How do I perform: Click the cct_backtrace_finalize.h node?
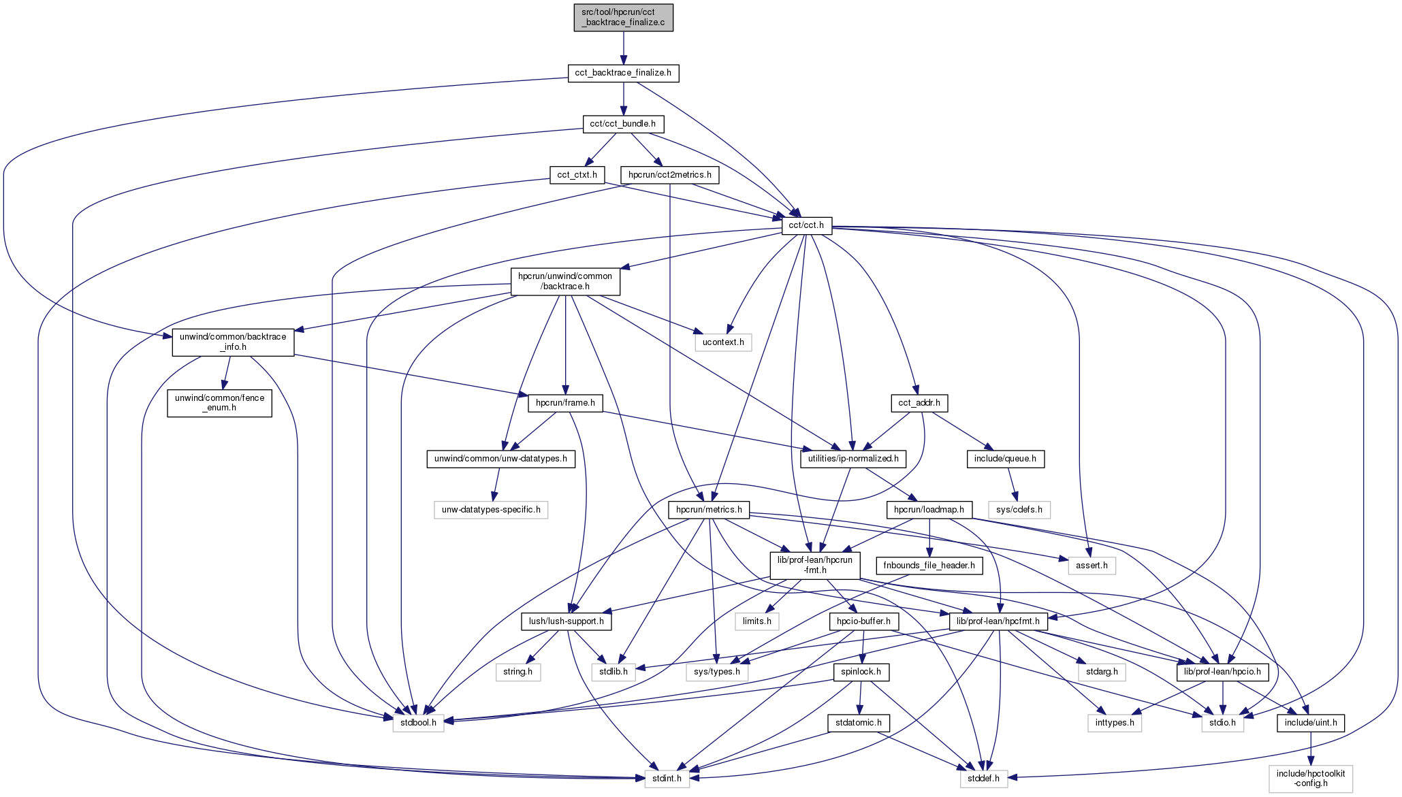click(623, 73)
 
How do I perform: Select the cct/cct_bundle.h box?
click(623, 124)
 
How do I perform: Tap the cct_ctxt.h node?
click(577, 175)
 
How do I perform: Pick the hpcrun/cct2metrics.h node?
click(669, 175)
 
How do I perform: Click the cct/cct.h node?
click(806, 225)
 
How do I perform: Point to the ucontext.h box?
click(723, 342)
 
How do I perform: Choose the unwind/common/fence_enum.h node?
click(219, 403)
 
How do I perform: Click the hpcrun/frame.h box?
click(565, 403)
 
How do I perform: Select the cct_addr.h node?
click(919, 403)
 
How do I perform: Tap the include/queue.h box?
click(1004, 459)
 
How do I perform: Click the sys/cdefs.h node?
click(1019, 510)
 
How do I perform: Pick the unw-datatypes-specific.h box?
click(491, 510)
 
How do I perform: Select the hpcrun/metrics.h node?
click(709, 510)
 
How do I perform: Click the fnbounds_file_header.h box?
click(929, 566)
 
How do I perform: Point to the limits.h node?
click(756, 621)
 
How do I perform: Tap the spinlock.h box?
click(861, 672)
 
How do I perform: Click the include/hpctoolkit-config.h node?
click(1311, 779)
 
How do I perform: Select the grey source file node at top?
click(623, 17)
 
